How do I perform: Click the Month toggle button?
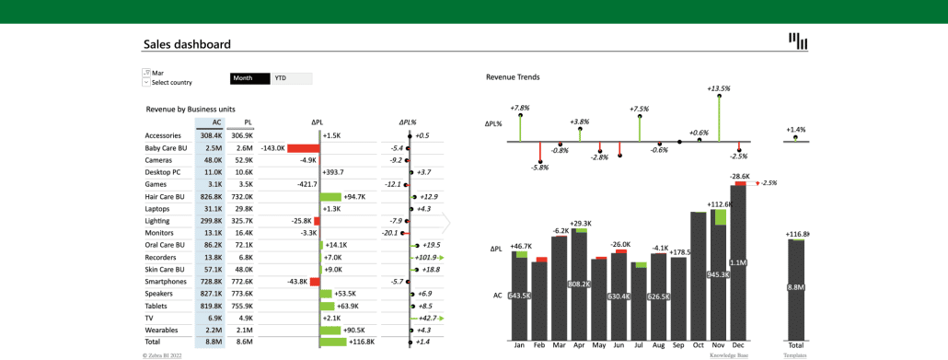[x=249, y=78]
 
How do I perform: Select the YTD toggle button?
[x=292, y=78]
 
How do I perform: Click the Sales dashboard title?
[x=187, y=44]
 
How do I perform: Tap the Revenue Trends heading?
[x=513, y=76]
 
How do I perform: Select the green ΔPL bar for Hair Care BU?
[x=330, y=196]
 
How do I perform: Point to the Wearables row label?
[x=161, y=330]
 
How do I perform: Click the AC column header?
[x=215, y=122]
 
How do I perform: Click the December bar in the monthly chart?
[x=738, y=262]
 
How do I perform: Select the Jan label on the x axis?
[x=519, y=346]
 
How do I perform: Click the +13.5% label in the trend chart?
[x=719, y=88]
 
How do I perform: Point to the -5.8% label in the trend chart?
[x=540, y=167]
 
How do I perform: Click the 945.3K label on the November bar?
[x=718, y=274]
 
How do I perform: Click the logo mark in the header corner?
[x=798, y=41]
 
